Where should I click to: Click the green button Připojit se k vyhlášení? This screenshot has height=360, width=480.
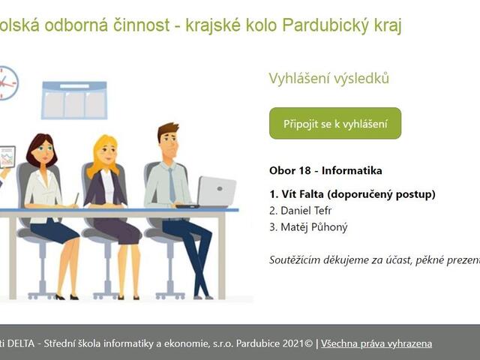click(x=334, y=123)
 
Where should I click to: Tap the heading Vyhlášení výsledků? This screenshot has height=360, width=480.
click(x=329, y=79)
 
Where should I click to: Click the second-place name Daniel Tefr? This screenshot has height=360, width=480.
click(x=301, y=211)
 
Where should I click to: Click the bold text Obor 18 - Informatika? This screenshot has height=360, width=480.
click(x=325, y=170)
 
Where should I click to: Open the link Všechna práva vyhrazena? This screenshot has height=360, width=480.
click(x=376, y=343)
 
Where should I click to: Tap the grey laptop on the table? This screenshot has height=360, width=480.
click(x=217, y=191)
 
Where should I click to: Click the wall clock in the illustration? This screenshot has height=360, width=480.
click(x=7, y=83)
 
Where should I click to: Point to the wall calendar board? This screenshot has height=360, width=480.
click(x=74, y=100)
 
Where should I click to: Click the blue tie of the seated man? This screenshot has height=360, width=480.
click(x=172, y=183)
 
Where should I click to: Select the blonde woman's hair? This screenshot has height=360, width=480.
click(x=105, y=149)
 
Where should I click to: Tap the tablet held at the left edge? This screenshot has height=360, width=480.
click(x=7, y=157)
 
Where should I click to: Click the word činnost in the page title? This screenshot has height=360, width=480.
click(x=132, y=25)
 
